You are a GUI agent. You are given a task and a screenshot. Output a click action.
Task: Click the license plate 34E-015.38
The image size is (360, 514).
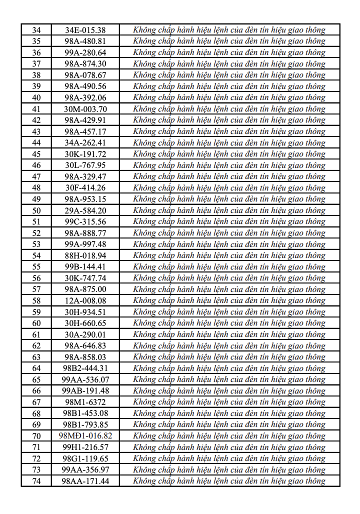click(85, 30)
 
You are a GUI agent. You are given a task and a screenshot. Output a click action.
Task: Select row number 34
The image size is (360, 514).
click(36, 30)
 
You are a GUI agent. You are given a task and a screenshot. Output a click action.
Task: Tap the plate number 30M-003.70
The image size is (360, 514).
click(85, 109)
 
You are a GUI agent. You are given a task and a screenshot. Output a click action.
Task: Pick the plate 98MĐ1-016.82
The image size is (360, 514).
click(85, 436)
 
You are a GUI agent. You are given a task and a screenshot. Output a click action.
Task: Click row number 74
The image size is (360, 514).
click(36, 481)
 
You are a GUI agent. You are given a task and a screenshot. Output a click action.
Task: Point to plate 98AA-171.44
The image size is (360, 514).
click(85, 481)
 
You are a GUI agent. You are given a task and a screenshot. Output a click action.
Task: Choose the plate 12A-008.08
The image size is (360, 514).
click(85, 300)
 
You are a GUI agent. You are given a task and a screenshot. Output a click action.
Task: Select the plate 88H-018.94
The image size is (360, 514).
click(85, 255)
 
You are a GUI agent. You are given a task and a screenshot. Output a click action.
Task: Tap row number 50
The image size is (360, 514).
click(36, 210)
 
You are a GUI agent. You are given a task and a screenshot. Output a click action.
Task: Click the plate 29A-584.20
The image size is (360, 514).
click(85, 210)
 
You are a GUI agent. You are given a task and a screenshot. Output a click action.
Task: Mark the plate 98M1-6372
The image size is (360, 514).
click(85, 402)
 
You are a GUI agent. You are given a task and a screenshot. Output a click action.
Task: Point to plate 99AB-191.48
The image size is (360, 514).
click(85, 391)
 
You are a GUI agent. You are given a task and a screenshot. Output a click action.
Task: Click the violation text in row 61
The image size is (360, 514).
click(229, 334)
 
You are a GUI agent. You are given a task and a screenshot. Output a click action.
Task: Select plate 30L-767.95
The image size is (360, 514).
click(85, 165)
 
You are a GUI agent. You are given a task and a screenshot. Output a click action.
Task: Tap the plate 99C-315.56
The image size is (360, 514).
click(85, 221)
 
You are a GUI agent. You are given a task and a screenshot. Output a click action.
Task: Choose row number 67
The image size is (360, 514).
click(36, 402)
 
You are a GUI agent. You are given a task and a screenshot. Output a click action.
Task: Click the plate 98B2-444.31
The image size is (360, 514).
click(85, 368)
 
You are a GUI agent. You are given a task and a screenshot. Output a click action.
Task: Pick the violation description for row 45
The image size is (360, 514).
click(229, 154)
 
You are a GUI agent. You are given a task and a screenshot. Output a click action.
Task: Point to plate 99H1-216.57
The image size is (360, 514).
click(85, 447)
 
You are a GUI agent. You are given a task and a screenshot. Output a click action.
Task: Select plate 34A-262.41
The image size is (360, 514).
click(85, 143)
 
